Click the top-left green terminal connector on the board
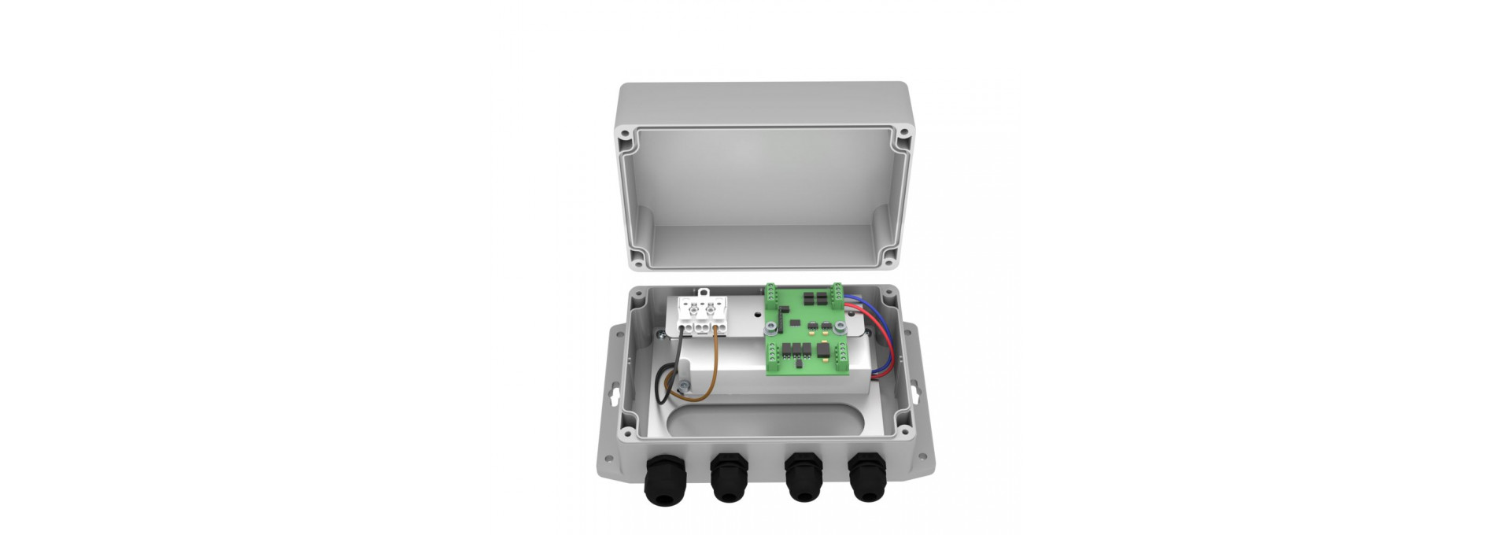[x=775, y=296]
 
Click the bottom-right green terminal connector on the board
[x=836, y=371]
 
